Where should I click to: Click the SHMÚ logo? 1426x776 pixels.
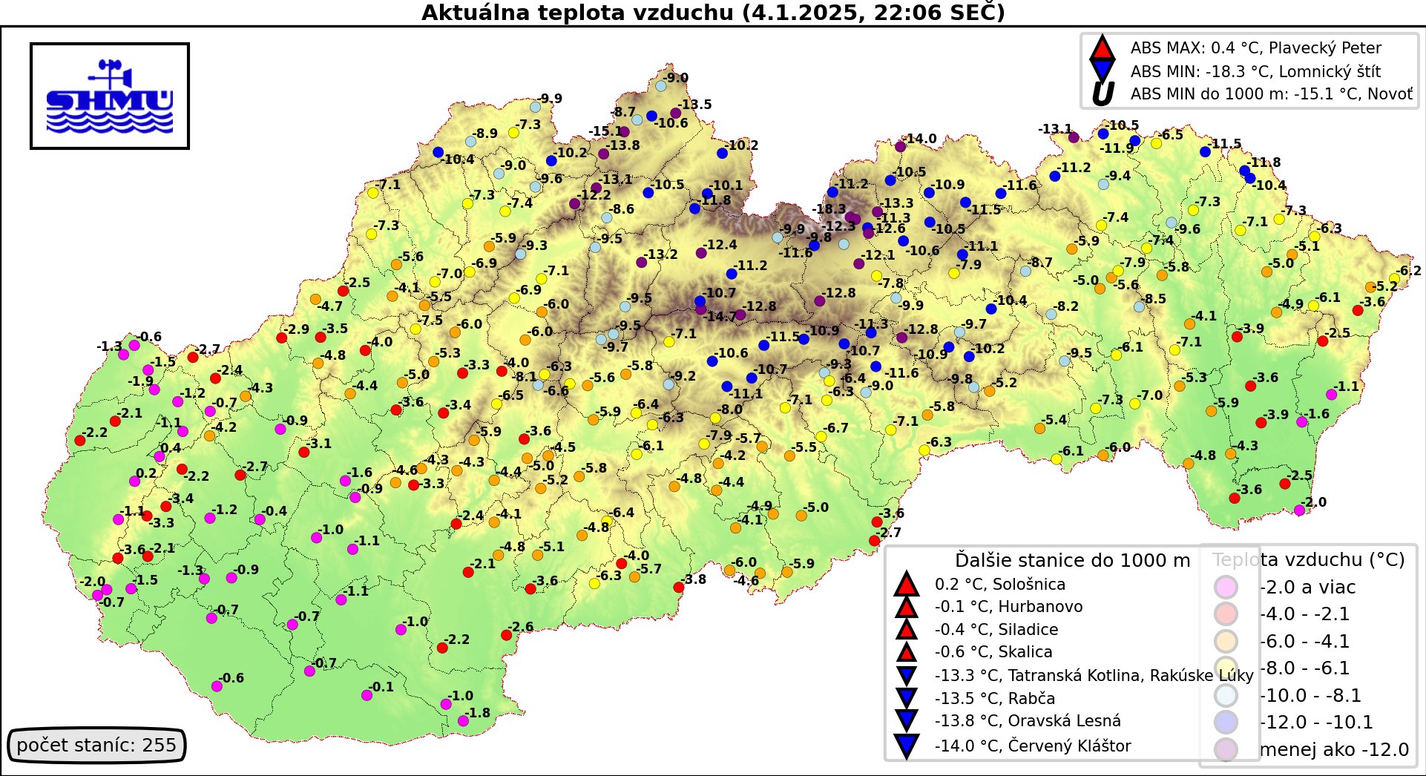110,96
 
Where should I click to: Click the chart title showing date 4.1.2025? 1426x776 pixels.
712,13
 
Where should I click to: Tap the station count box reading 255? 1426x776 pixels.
96,745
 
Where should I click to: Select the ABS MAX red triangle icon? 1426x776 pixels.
1102,49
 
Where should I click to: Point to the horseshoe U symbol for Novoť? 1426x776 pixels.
1103,94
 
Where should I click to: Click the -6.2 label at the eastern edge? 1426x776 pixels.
1409,271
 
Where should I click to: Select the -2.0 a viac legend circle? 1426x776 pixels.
1226,587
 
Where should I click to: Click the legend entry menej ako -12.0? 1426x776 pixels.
1333,749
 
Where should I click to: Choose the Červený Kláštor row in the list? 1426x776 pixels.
1032,746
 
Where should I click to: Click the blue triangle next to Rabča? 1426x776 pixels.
906,698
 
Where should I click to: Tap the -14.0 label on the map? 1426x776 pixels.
920,139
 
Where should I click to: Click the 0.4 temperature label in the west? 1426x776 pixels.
170,448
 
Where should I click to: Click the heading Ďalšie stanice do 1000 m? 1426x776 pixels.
1071,560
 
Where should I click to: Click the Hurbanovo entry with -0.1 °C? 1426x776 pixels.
1008,607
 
